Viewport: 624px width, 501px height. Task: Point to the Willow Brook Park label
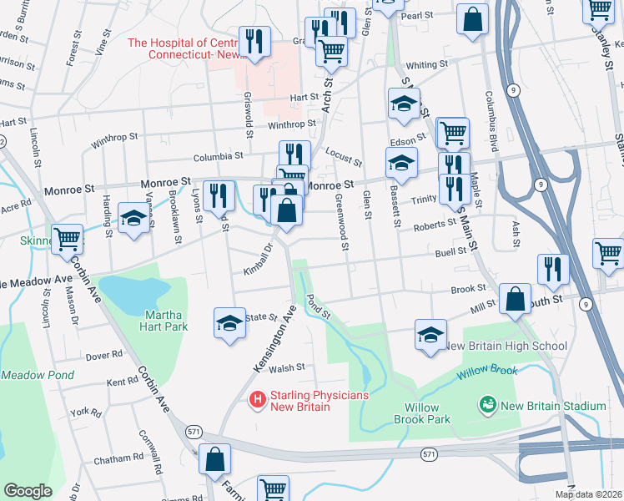click(427, 413)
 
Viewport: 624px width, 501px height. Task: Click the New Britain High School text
click(506, 346)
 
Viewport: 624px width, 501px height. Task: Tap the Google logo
click(28, 491)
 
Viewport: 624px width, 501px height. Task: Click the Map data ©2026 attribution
click(588, 494)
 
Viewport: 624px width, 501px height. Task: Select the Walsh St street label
click(287, 367)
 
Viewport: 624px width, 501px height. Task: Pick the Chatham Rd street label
click(118, 458)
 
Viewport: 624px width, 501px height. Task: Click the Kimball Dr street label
click(259, 260)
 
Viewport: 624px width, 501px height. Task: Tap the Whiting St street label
click(421, 65)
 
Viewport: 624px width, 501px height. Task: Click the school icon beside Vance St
click(133, 219)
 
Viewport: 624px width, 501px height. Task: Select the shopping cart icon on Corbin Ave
click(67, 240)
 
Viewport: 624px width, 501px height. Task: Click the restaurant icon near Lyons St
click(219, 197)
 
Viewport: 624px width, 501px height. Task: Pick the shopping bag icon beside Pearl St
click(472, 21)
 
